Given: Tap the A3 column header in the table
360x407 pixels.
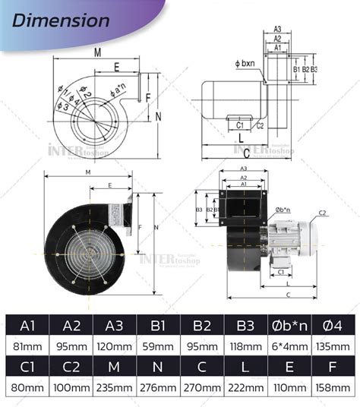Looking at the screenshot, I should click(x=114, y=326).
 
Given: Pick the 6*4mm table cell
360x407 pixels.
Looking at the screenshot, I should click(x=289, y=346).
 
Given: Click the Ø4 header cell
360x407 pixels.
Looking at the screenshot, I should click(x=333, y=326).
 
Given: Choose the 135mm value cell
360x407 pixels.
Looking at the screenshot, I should click(x=333, y=346).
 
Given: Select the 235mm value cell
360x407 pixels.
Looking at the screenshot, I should click(x=114, y=387).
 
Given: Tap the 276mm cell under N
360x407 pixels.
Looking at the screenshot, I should click(x=158, y=387).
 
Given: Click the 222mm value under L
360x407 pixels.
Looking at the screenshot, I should click(x=245, y=387).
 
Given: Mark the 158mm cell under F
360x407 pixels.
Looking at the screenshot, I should click(x=333, y=387).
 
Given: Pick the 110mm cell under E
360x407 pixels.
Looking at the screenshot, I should click(x=289, y=387).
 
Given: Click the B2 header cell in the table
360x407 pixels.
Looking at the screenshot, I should click(x=202, y=326).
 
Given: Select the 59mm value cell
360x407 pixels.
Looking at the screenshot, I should click(x=158, y=346).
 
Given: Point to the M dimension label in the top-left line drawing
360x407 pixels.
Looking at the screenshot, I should click(x=98, y=52).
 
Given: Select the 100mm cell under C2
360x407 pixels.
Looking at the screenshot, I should click(x=71, y=387).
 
